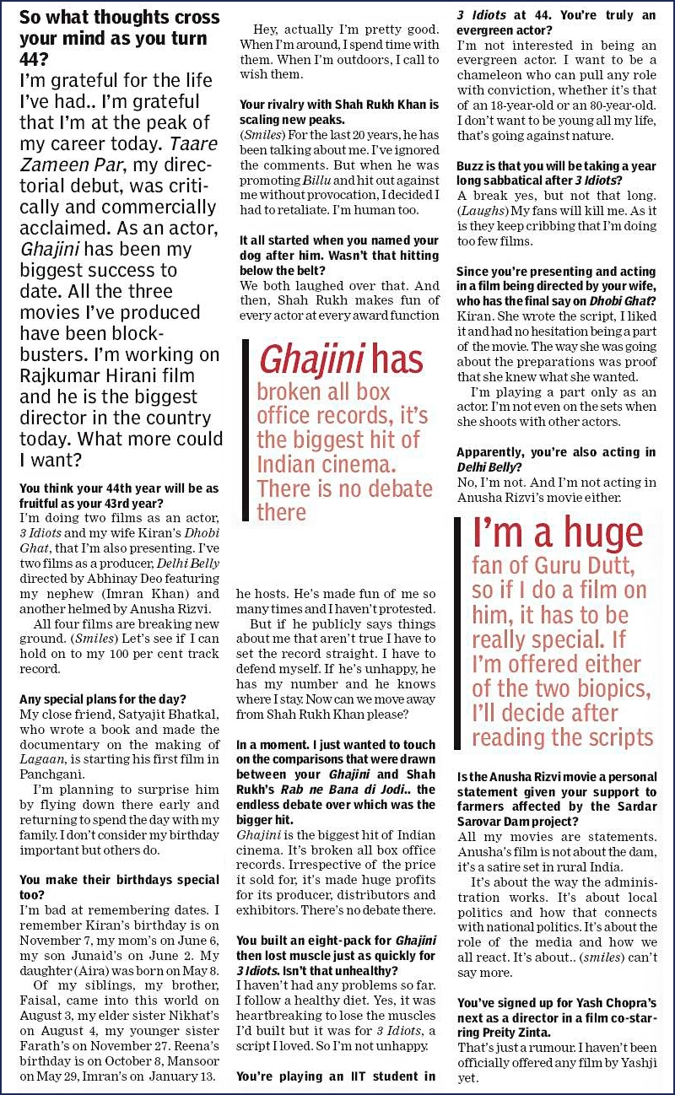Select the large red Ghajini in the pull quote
tap(315, 359)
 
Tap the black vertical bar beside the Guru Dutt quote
tap(458, 633)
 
